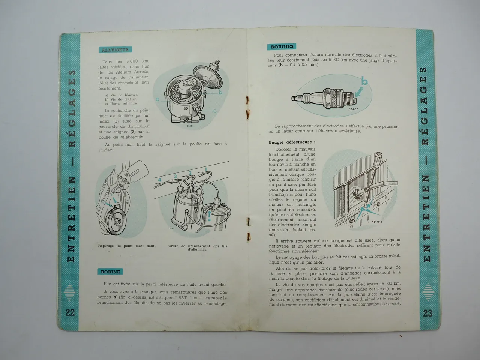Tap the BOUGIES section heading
282,47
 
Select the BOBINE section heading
111,271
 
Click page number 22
70,313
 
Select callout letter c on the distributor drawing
215,111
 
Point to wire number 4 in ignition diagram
159,180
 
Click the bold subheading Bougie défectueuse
292,142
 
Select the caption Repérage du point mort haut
126,246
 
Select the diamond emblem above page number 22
70,292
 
